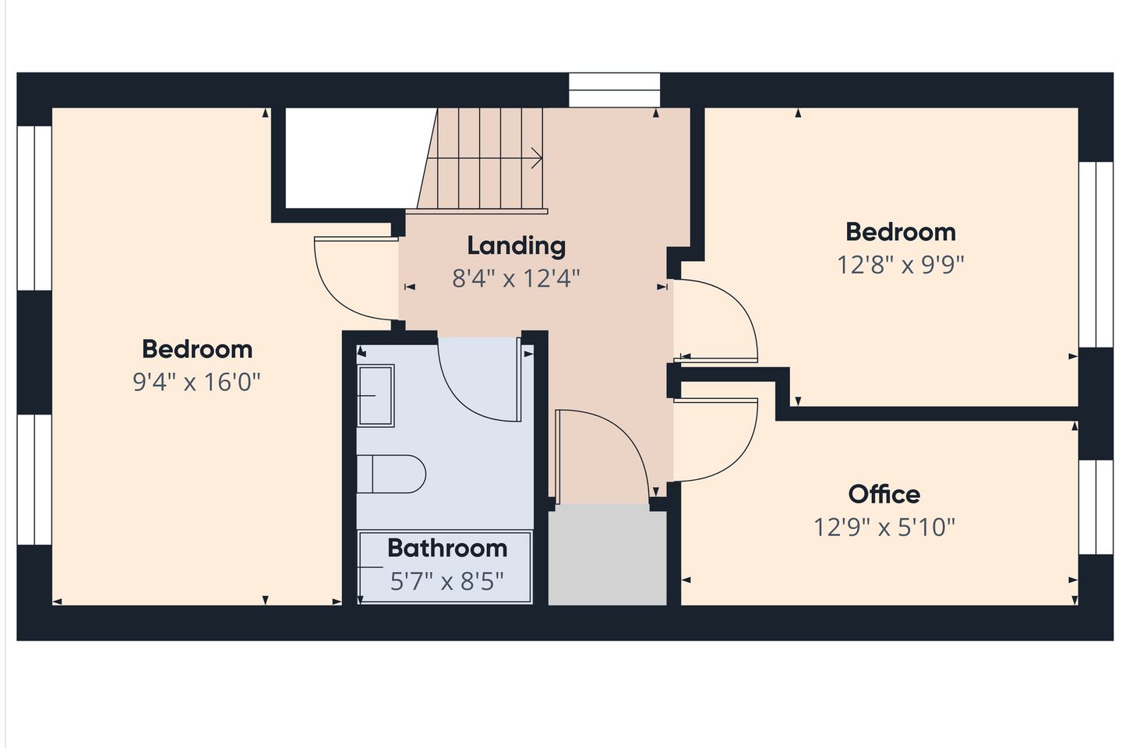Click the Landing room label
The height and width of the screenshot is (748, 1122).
pyautogui.click(x=517, y=246)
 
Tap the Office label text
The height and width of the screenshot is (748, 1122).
pyautogui.click(x=884, y=495)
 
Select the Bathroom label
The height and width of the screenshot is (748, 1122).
pyautogui.click(x=447, y=548)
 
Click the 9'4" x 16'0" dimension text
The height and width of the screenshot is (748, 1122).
pyautogui.click(x=197, y=383)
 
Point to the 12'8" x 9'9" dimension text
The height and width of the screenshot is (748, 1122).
pyautogui.click(x=901, y=265)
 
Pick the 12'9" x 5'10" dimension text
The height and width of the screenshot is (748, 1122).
pyautogui.click(x=884, y=527)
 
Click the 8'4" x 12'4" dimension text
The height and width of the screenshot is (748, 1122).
pyautogui.click(x=516, y=279)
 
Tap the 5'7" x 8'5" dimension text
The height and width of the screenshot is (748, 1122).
pyautogui.click(x=446, y=582)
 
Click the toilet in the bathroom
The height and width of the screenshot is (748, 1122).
pyautogui.click(x=391, y=474)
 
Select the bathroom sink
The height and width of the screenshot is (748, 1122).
pyautogui.click(x=376, y=395)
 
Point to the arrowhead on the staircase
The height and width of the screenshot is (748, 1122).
pyautogui.click(x=538, y=158)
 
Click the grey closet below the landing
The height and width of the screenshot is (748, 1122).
pyautogui.click(x=607, y=555)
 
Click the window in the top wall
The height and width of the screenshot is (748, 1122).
pyautogui.click(x=614, y=90)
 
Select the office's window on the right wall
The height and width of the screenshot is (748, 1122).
pyautogui.click(x=1096, y=507)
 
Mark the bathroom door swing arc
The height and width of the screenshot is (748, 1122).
pyautogui.click(x=464, y=400)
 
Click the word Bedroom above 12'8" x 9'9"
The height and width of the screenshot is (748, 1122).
pyautogui.click(x=901, y=232)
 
